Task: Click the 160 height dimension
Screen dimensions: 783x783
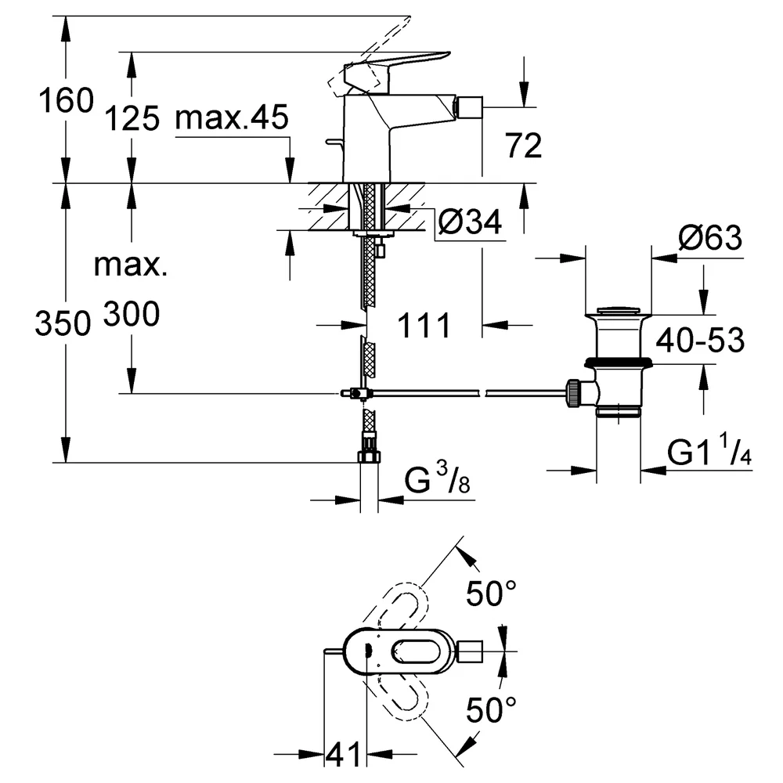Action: tap(66, 100)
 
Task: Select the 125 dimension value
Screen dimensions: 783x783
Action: tap(132, 119)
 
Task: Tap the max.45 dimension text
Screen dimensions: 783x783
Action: tap(232, 117)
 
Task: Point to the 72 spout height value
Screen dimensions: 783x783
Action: tap(523, 146)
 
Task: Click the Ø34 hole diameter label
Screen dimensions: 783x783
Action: tap(470, 222)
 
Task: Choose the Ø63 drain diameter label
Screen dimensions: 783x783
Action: tap(710, 238)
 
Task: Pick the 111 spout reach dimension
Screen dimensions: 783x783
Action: tap(424, 326)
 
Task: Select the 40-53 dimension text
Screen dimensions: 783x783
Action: tap(700, 341)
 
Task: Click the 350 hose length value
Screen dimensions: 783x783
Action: tap(63, 323)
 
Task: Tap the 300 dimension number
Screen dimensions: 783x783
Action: tap(132, 314)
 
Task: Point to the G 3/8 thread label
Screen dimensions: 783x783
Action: tap(437, 478)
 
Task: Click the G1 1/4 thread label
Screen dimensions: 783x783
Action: tap(709, 450)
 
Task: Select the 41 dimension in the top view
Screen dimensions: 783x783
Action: tap(343, 754)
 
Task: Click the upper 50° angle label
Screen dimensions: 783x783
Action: tap(491, 594)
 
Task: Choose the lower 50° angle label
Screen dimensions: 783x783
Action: tap(491, 709)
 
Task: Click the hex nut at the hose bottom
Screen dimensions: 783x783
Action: tap(369, 456)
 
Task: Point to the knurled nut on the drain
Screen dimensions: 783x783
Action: tap(573, 393)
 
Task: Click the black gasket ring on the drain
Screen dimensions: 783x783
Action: tap(619, 362)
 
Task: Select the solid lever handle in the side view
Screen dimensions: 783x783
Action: tap(397, 73)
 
